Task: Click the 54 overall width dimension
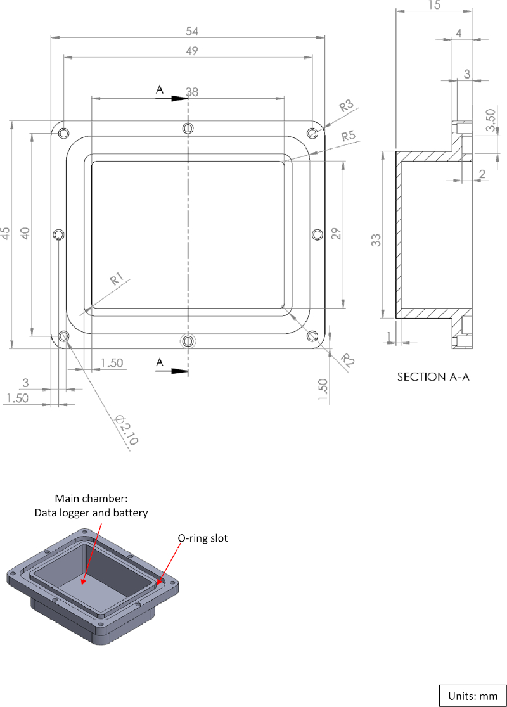188,31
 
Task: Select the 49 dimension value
188,51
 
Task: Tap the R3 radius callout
346,106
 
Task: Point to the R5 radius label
348,136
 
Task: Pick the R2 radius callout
347,359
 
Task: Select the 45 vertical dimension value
6,234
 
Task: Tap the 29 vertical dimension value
337,233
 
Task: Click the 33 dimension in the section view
376,240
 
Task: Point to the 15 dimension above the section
434,5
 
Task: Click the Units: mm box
473,696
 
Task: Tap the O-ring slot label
201,538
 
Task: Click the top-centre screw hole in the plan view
188,128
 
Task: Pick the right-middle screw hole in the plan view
318,234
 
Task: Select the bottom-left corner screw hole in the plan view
63,336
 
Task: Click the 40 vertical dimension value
25,234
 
